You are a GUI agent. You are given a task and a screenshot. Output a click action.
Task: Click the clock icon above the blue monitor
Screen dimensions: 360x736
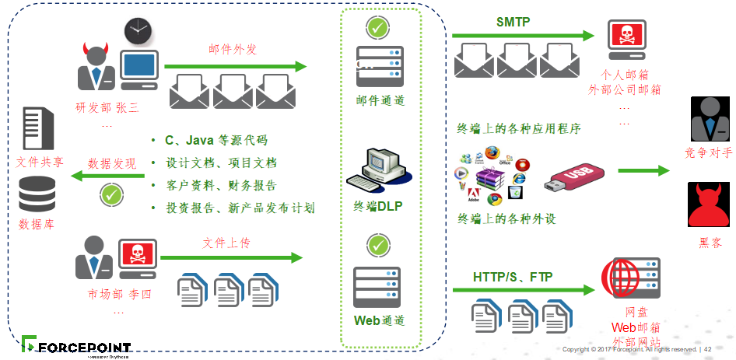pos(138,31)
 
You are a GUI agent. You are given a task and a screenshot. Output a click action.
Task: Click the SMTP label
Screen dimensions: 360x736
pos(513,23)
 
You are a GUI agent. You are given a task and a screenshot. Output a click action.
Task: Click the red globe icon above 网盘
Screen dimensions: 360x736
pos(629,279)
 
